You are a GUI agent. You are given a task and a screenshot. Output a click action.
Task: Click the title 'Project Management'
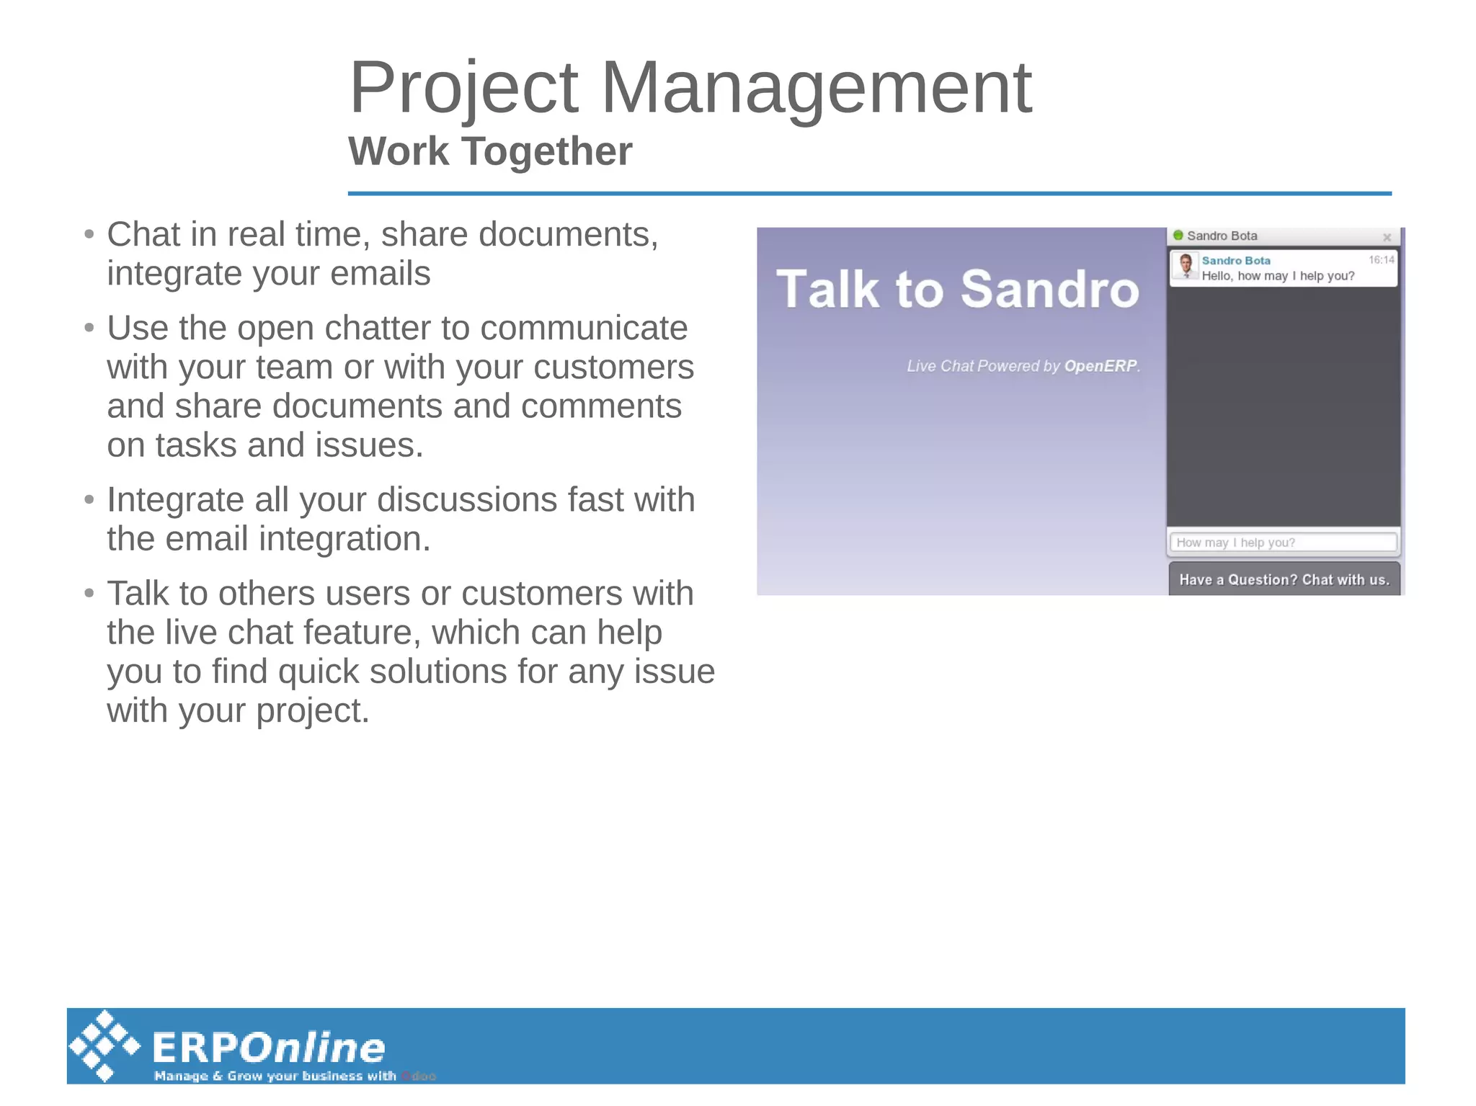(690, 88)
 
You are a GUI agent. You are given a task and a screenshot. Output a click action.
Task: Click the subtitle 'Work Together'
(489, 151)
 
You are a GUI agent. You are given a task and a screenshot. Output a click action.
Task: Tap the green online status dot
(1178, 236)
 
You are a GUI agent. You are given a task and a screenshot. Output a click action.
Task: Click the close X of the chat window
(1386, 237)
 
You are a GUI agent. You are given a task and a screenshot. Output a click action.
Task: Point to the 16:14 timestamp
(1381, 260)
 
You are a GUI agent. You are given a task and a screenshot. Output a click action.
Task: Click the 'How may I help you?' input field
(1283, 543)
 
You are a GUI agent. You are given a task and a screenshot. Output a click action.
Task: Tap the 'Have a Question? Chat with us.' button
(1284, 580)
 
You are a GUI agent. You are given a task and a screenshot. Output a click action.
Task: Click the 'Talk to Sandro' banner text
(957, 290)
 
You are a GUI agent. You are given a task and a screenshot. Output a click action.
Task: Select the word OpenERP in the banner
(1101, 366)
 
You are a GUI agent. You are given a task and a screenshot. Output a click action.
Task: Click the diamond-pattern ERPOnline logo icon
(105, 1045)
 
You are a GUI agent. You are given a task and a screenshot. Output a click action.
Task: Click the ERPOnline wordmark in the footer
(269, 1048)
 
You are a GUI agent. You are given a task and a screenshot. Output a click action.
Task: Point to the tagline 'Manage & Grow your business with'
(275, 1076)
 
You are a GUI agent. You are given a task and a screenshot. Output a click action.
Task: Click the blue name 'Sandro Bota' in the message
(1235, 261)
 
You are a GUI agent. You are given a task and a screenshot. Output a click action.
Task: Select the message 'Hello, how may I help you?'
(1278, 276)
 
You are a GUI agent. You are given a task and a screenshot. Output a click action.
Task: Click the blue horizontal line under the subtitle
(868, 193)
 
